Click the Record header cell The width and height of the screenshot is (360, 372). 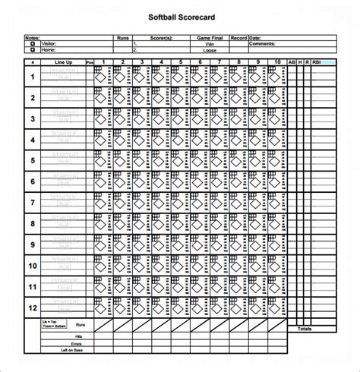pyautogui.click(x=238, y=36)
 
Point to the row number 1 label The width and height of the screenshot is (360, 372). pyautogui.click(x=33, y=77)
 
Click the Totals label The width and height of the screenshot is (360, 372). pyautogui.click(x=305, y=329)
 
